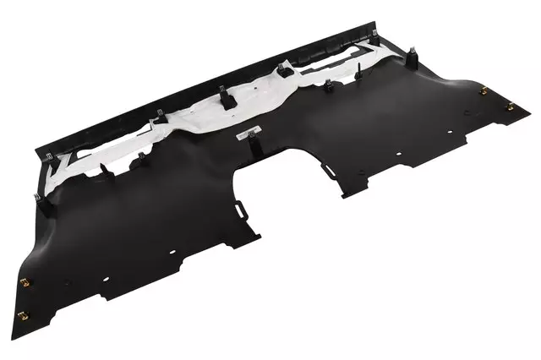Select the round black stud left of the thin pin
326,85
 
